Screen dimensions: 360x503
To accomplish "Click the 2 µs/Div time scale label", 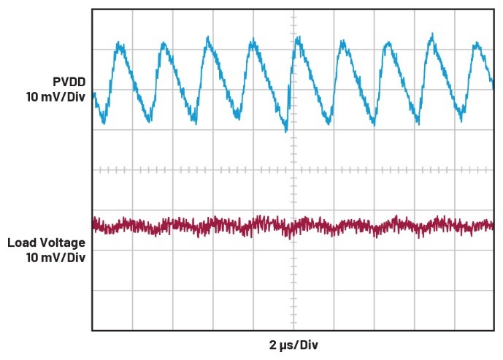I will [293, 345].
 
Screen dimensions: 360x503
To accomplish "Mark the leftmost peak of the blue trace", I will [119, 45].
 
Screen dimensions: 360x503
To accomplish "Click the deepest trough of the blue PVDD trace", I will [286, 131].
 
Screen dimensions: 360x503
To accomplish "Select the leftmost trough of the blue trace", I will [103, 122].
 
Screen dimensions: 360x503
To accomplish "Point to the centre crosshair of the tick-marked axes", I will [293, 169].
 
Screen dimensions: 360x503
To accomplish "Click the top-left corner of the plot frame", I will [92, 9].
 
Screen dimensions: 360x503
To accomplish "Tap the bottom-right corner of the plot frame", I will [494, 330].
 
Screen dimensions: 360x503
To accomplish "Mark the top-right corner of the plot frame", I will [494, 9].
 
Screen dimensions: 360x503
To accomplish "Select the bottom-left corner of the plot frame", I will [92, 330].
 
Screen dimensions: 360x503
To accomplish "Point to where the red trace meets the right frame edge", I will [493, 224].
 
